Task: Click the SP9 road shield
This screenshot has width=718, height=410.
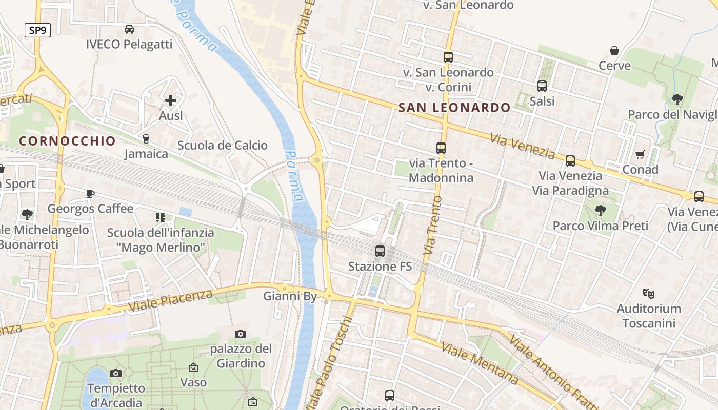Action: [37, 30]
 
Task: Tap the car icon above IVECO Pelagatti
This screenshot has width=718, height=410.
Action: [129, 29]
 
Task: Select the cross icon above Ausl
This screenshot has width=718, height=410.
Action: [171, 100]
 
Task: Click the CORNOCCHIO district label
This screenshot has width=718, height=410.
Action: [67, 141]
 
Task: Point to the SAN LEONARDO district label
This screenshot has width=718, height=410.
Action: [454, 108]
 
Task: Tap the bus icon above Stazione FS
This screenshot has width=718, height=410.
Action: [380, 251]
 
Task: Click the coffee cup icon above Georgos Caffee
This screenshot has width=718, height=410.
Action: [90, 194]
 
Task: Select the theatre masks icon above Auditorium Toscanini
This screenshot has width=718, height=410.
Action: [649, 294]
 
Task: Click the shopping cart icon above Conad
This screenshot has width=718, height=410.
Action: [640, 154]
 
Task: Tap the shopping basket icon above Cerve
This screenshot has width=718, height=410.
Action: [614, 51]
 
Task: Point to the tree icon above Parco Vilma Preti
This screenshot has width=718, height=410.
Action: [600, 210]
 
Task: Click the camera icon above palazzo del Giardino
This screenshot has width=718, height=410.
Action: [241, 334]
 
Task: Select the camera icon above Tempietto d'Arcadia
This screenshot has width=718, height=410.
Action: [116, 373]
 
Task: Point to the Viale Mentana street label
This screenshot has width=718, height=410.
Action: [480, 364]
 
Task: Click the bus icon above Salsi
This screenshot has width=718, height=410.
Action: [542, 86]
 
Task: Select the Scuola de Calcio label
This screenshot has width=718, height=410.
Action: [223, 146]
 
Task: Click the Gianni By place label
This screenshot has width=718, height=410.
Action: [290, 296]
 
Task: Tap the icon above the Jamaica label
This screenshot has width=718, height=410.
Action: [146, 138]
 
